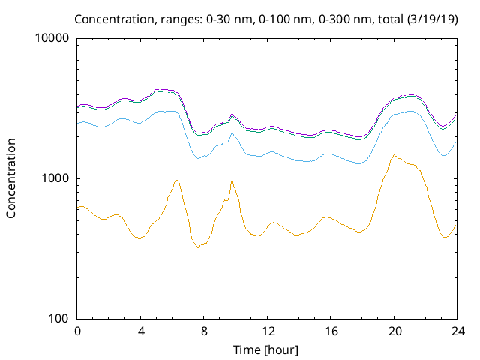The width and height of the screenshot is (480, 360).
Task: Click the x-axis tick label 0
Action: [77, 331]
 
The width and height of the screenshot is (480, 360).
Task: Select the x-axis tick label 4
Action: [141, 331]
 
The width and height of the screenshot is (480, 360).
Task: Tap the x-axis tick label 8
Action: [204, 331]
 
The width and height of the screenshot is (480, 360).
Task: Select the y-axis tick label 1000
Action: [56, 178]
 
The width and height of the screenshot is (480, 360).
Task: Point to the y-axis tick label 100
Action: [59, 319]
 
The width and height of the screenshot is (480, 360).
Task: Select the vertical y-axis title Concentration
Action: [11, 178]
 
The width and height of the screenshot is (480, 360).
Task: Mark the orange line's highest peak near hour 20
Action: [394, 155]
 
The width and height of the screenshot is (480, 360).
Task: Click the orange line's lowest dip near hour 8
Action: [198, 247]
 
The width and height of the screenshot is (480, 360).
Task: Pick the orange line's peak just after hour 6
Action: [176, 180]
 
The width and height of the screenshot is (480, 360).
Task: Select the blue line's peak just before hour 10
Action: [232, 133]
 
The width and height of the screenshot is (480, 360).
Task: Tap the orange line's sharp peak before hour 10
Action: [232, 181]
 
